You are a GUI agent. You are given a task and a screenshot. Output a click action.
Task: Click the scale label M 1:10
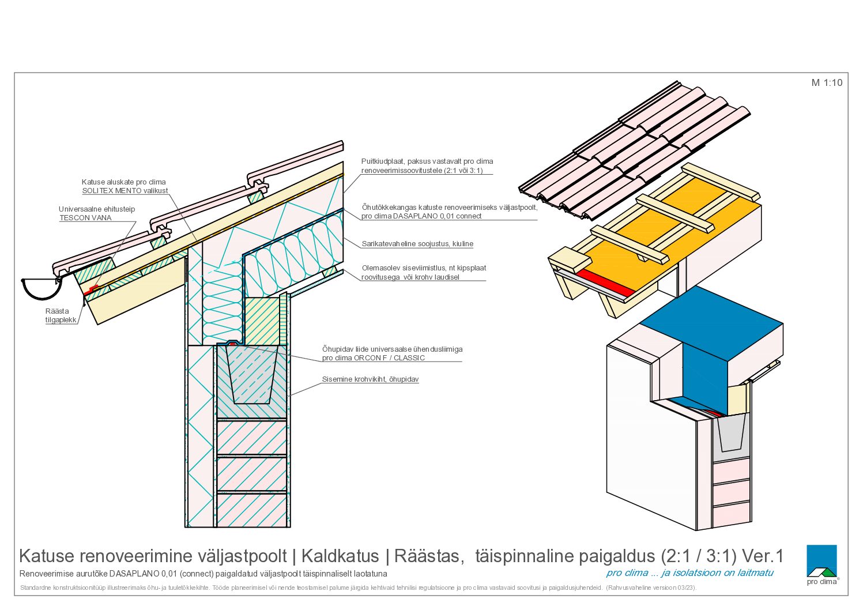pyautogui.click(x=827, y=82)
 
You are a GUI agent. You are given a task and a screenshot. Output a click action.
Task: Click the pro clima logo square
pyautogui.click(x=821, y=560)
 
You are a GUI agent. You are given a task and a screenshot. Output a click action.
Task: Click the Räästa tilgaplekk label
pyautogui.click(x=61, y=315)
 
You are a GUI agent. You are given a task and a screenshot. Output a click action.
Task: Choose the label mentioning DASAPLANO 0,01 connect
pyautogui.click(x=449, y=212)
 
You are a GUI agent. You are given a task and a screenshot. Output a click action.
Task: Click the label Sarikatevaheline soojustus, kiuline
pyautogui.click(x=417, y=243)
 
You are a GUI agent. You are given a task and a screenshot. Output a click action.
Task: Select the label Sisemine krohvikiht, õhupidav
pyautogui.click(x=370, y=379)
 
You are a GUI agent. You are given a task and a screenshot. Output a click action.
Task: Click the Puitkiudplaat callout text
pyautogui.click(x=427, y=165)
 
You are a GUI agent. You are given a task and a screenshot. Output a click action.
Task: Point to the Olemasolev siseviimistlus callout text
pyautogui.click(x=424, y=273)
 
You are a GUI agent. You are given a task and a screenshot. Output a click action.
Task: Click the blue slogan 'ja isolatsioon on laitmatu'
pyautogui.click(x=717, y=573)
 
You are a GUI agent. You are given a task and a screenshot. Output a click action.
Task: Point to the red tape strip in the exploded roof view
pyautogui.click(x=605, y=283)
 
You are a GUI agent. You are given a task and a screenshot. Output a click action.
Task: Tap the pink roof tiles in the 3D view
pyautogui.click(x=634, y=150)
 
